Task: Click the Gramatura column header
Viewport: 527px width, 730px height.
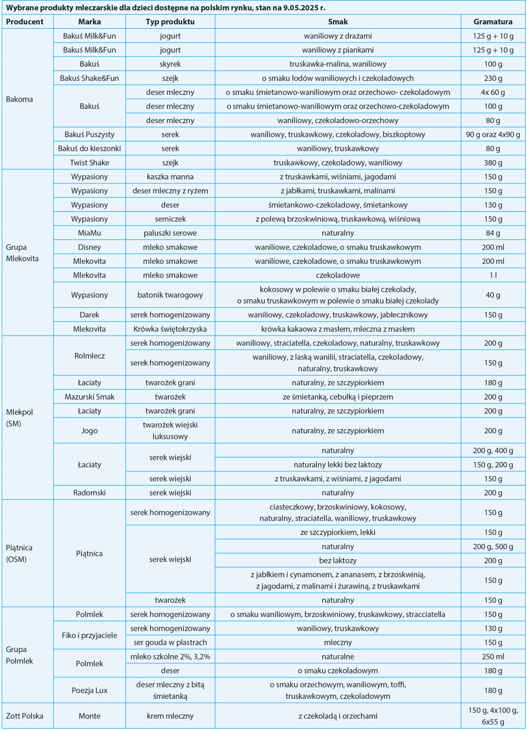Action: click(492, 22)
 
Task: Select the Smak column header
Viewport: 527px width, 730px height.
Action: click(338, 22)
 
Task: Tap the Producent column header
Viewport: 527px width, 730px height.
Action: click(25, 22)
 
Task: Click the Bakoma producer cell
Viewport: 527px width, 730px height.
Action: click(19, 99)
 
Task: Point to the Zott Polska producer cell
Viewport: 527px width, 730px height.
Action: click(25, 716)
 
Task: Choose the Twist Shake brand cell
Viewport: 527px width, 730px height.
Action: click(90, 163)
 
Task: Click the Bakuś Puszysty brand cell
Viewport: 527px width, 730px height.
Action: click(90, 134)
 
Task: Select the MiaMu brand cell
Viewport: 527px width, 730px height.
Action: click(90, 233)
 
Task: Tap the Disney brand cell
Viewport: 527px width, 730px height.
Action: click(90, 247)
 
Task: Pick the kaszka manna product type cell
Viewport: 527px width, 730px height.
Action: click(170, 177)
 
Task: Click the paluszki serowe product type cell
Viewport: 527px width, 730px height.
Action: click(170, 233)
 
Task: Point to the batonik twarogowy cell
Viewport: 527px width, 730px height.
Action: click(170, 295)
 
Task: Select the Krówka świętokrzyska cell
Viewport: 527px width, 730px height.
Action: click(170, 329)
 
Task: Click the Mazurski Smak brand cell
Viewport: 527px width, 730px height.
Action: click(90, 397)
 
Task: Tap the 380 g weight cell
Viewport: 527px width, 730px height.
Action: click(492, 163)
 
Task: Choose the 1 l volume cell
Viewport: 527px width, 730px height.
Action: click(492, 275)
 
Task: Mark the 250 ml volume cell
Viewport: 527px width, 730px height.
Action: click(492, 657)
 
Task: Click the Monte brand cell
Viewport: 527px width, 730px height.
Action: click(90, 716)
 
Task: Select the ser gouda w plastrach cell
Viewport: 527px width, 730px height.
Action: click(170, 642)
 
